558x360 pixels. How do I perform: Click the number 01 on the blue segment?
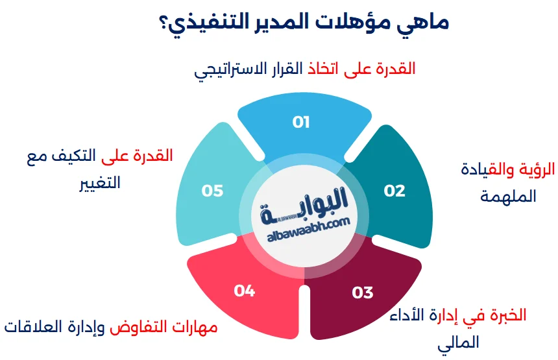pos(301,122)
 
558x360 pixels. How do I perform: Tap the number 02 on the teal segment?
pos(394,190)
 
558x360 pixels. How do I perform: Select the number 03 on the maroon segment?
pos(363,293)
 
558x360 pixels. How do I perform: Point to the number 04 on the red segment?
pos(244,291)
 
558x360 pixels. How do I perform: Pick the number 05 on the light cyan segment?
pos(212,190)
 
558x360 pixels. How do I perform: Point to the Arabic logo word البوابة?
pos(315,197)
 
